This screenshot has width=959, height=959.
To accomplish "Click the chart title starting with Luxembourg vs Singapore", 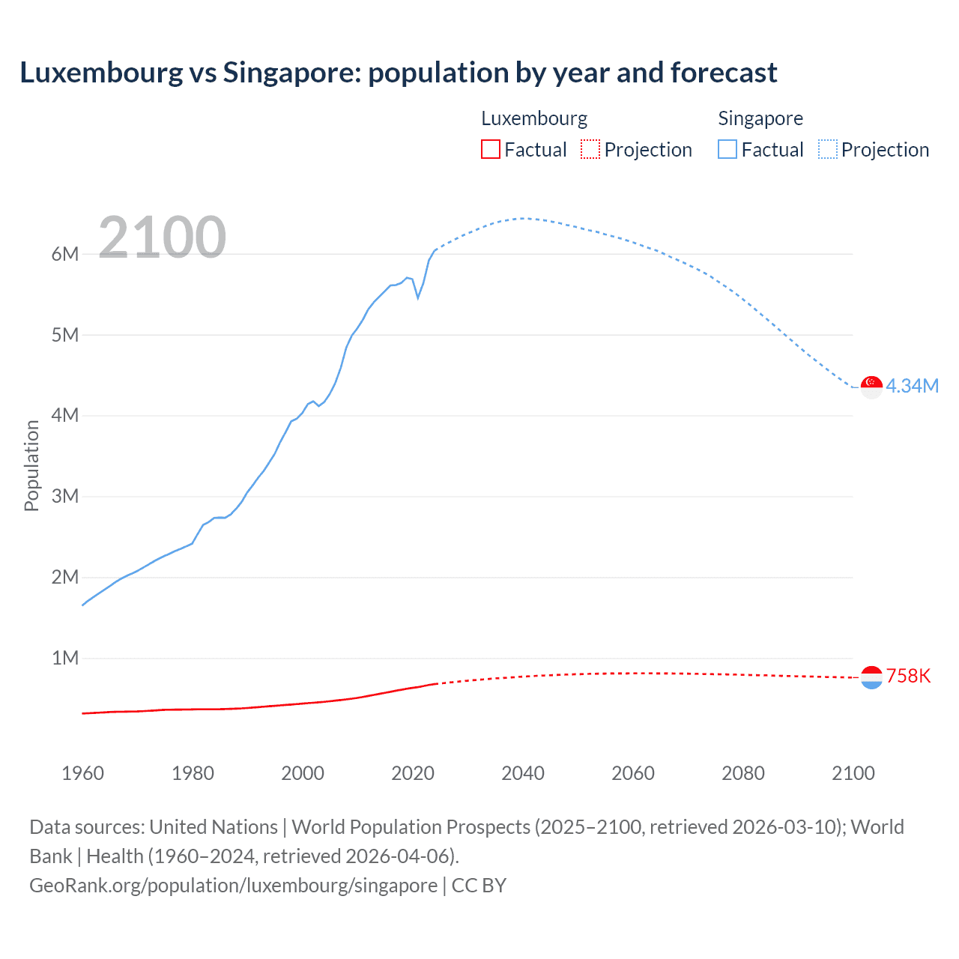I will [398, 73].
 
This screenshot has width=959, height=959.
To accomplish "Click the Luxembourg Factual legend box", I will [490, 149].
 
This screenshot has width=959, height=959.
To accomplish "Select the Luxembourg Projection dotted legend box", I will [590, 149].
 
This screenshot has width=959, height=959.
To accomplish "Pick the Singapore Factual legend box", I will [727, 149].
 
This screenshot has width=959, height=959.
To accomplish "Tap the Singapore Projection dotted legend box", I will [828, 149].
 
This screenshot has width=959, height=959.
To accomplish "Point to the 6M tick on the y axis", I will [65, 254].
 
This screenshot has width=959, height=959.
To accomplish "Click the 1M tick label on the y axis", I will [65, 658].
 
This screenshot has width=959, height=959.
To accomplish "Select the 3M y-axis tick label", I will [65, 496].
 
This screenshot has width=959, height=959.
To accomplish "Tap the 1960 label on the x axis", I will [82, 773].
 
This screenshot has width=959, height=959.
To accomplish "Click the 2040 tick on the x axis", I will [523, 773].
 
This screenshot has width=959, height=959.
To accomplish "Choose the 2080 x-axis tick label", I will [743, 773].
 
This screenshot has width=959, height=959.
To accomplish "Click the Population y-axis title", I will [31, 465].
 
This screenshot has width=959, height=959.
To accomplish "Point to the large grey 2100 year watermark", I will [162, 238].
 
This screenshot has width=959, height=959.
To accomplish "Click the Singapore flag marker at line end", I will [871, 387].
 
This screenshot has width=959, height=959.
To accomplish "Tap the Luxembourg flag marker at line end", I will [871, 677].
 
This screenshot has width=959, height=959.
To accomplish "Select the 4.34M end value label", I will [912, 386].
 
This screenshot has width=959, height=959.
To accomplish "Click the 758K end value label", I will [908, 676].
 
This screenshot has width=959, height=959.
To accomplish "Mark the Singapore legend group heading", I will [760, 118].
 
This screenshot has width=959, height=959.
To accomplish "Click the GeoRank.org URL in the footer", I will [233, 886].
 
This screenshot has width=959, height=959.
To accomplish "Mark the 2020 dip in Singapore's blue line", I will [418, 297].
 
